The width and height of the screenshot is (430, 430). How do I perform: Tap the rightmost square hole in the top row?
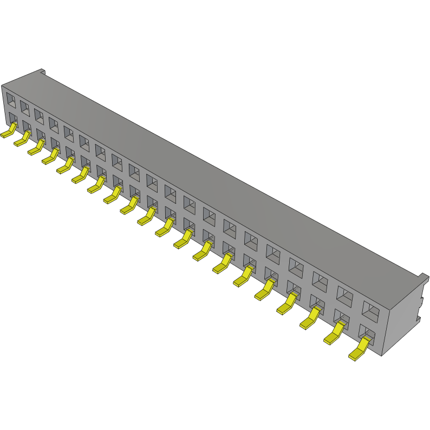371,310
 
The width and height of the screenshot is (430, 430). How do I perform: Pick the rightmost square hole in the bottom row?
368,333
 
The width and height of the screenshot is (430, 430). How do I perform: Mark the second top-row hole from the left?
25,107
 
